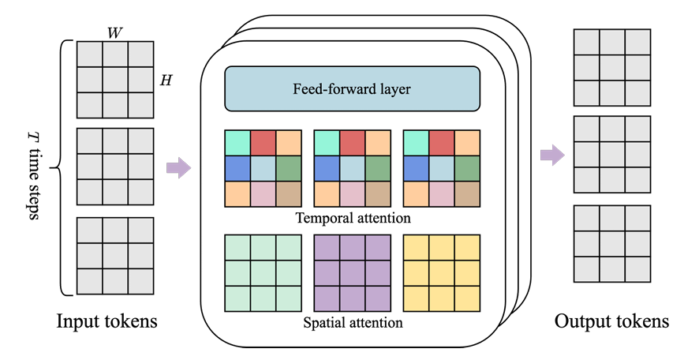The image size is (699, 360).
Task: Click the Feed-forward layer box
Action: (352, 88)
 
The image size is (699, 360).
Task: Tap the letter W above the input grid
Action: (115, 33)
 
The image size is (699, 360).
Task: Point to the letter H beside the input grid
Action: (166, 81)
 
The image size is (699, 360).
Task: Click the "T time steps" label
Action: (33, 175)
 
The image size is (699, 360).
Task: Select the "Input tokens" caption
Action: (107, 321)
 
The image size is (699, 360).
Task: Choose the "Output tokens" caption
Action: (611, 321)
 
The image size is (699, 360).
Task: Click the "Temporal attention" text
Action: (353, 218)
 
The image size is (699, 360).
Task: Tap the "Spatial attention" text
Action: (353, 322)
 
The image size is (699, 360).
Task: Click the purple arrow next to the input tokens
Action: (179, 167)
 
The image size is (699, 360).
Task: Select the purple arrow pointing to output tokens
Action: (553, 156)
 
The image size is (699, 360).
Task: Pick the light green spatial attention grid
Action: (263, 273)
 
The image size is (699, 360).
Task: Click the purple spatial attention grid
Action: (353, 273)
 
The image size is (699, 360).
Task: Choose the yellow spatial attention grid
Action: (442, 273)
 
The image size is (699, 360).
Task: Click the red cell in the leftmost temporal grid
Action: (263, 143)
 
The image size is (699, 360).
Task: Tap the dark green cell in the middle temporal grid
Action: (378, 169)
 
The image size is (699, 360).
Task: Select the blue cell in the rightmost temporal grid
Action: (416, 169)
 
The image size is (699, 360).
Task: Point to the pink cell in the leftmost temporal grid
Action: (263, 194)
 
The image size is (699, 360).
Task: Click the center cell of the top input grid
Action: (115, 80)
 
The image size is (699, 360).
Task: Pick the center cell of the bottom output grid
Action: (612, 244)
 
